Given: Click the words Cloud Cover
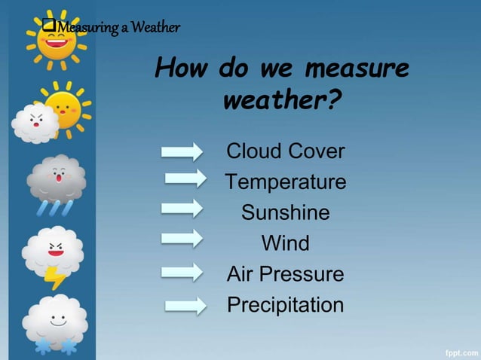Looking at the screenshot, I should [x=285, y=151].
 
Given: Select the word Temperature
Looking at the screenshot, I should [x=285, y=182].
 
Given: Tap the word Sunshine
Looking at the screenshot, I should [x=285, y=213].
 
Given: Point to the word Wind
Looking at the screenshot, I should [x=285, y=244].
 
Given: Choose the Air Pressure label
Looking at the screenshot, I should [x=285, y=275].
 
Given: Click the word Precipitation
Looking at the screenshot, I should [x=285, y=306].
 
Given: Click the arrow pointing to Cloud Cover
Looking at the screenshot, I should [x=182, y=151].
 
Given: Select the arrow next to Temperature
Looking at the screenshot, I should [x=185, y=178].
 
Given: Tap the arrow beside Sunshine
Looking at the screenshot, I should [x=182, y=206].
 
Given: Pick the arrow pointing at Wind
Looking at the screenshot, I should [x=182, y=238].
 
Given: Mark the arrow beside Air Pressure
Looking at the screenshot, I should [x=182, y=271].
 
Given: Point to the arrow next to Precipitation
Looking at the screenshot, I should [x=185, y=305].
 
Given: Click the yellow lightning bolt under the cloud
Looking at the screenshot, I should [x=56, y=277].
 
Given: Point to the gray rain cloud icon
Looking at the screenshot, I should [x=56, y=181].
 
